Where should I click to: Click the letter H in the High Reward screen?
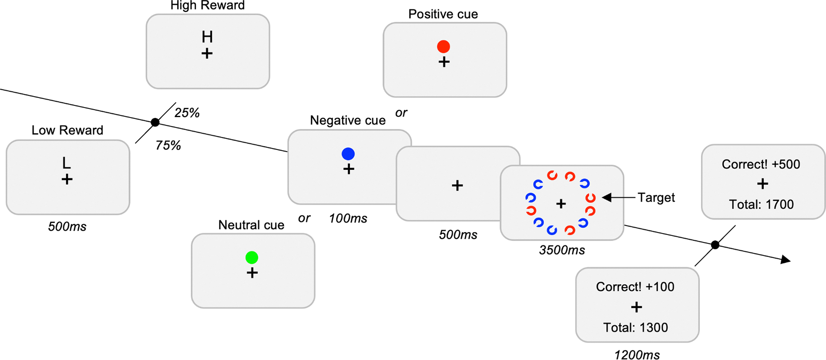coord(207,37)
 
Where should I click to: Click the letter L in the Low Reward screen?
coord(66,163)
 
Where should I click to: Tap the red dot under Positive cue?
coord(443,46)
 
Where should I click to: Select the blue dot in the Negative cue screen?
coord(348,154)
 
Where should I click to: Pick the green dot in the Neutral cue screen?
coord(252,258)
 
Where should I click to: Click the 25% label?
coord(187,113)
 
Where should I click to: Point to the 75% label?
coord(168,145)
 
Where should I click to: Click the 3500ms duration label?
coord(562,250)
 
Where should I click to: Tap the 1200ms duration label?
coord(637,355)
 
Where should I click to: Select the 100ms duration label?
coord(348,219)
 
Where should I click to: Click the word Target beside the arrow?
coord(656,198)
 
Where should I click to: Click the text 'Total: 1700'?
coord(761,205)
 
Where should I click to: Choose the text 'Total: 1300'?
coord(635,327)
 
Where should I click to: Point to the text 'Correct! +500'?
coord(761,165)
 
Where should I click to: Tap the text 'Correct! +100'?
coord(635,287)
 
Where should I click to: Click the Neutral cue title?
coord(251,225)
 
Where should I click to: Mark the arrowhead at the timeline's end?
coord(786,260)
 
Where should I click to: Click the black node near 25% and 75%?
coord(155,122)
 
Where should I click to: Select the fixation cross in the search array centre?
coord(561,203)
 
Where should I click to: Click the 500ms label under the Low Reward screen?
coord(67,227)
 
